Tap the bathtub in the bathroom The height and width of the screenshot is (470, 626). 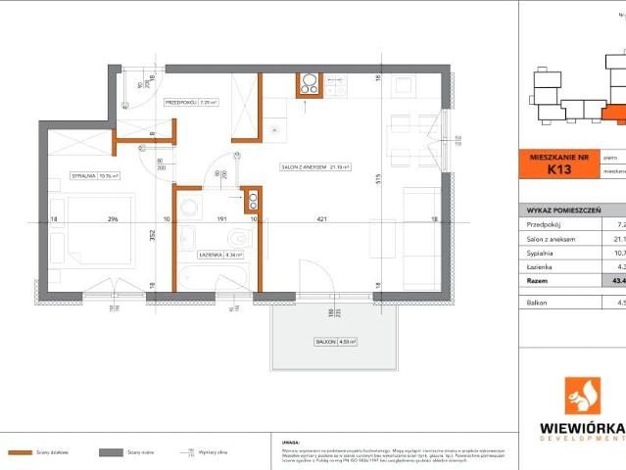(x=216, y=278)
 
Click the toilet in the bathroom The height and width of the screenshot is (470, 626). (x=236, y=238)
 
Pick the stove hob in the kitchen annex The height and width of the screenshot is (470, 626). (x=310, y=85)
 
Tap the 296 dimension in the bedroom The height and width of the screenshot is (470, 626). (x=114, y=219)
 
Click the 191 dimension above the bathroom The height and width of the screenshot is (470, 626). (x=221, y=219)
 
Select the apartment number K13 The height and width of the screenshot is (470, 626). (x=558, y=169)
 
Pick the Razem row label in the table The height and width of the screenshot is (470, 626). (x=539, y=279)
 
